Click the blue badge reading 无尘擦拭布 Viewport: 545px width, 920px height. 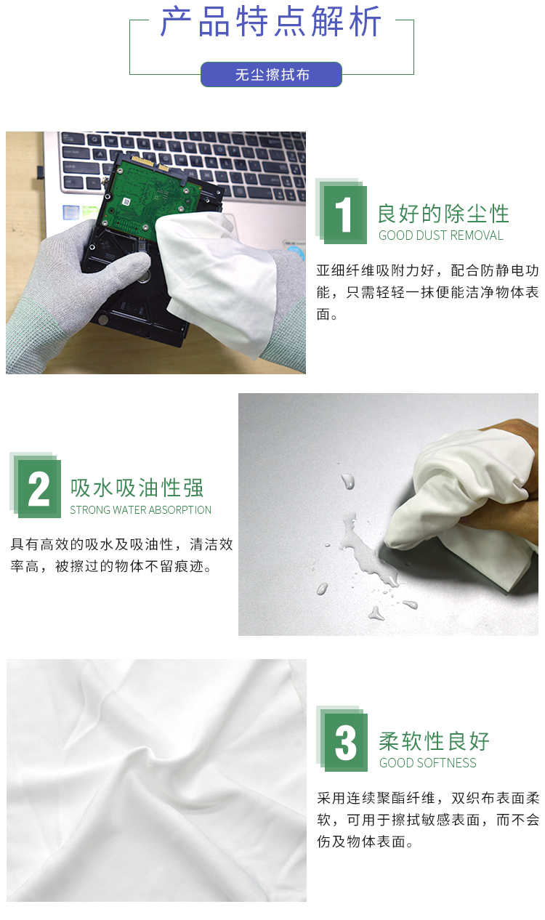point(271,74)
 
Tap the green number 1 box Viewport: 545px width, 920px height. point(344,214)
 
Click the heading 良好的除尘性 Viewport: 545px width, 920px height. point(443,214)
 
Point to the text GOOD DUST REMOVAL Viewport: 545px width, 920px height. point(440,235)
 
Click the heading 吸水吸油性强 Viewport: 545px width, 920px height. point(137,488)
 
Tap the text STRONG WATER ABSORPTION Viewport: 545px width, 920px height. point(140,509)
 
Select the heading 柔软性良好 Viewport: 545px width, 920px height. point(434,741)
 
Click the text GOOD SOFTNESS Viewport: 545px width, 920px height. point(427,763)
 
